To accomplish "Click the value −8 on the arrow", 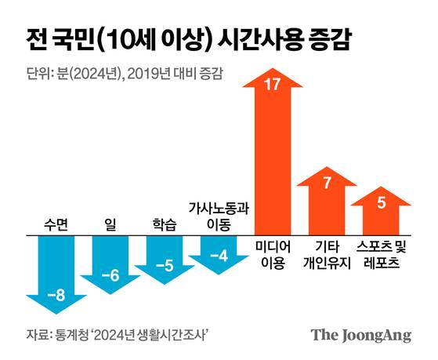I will (x=57, y=296).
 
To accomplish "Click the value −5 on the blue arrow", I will (x=165, y=266).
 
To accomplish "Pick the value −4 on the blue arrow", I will (x=219, y=256).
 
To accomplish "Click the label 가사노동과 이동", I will (x=219, y=216).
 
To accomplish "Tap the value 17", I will (x=273, y=85).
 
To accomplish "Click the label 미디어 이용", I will (x=273, y=255).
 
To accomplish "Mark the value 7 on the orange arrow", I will (x=327, y=183).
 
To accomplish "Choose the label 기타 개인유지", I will (x=327, y=255).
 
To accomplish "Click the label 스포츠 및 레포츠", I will (x=382, y=255).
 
